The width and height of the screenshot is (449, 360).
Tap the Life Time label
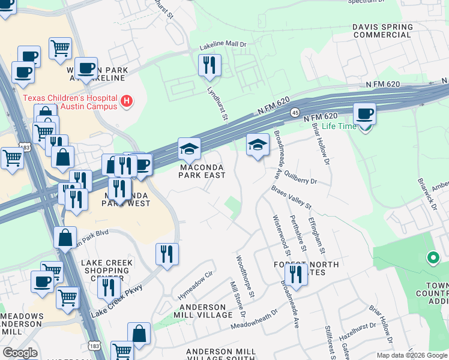click(340, 126)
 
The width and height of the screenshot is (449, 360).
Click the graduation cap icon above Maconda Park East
click(189, 149)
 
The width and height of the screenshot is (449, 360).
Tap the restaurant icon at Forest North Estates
click(295, 275)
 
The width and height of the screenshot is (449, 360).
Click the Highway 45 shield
click(295, 112)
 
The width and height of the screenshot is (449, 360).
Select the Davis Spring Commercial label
click(382, 31)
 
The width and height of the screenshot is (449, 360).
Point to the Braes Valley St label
click(291, 197)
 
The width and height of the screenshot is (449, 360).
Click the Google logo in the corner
click(20, 352)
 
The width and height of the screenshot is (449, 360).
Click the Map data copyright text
click(412, 355)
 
